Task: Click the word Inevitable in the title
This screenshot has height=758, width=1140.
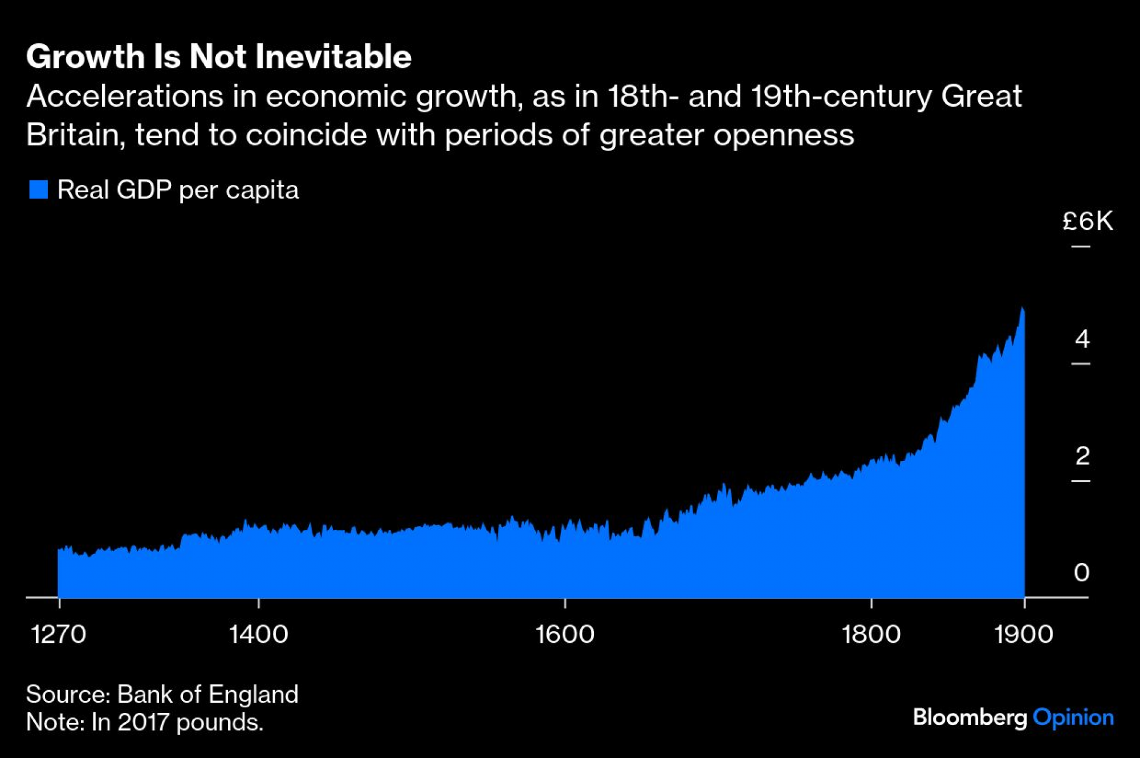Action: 333,56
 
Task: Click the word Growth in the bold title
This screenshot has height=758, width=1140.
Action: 85,56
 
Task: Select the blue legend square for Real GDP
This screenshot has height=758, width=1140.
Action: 38,189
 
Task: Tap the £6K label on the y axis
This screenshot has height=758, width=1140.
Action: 1087,221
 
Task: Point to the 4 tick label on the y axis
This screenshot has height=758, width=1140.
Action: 1082,339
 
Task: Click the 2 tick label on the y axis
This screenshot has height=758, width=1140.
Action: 1082,456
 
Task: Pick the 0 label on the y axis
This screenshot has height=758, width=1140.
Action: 1081,572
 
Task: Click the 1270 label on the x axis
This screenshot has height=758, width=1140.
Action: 58,634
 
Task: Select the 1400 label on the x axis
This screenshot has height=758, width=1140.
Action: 258,634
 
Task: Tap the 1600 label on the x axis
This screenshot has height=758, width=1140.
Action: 565,634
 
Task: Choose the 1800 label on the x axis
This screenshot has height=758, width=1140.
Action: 871,634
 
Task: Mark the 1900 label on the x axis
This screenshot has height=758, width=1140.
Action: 1024,634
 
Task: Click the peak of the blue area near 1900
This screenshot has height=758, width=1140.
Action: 1022,309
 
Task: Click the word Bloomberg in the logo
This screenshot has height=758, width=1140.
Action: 970,718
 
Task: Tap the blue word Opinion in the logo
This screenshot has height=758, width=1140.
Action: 1073,718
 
